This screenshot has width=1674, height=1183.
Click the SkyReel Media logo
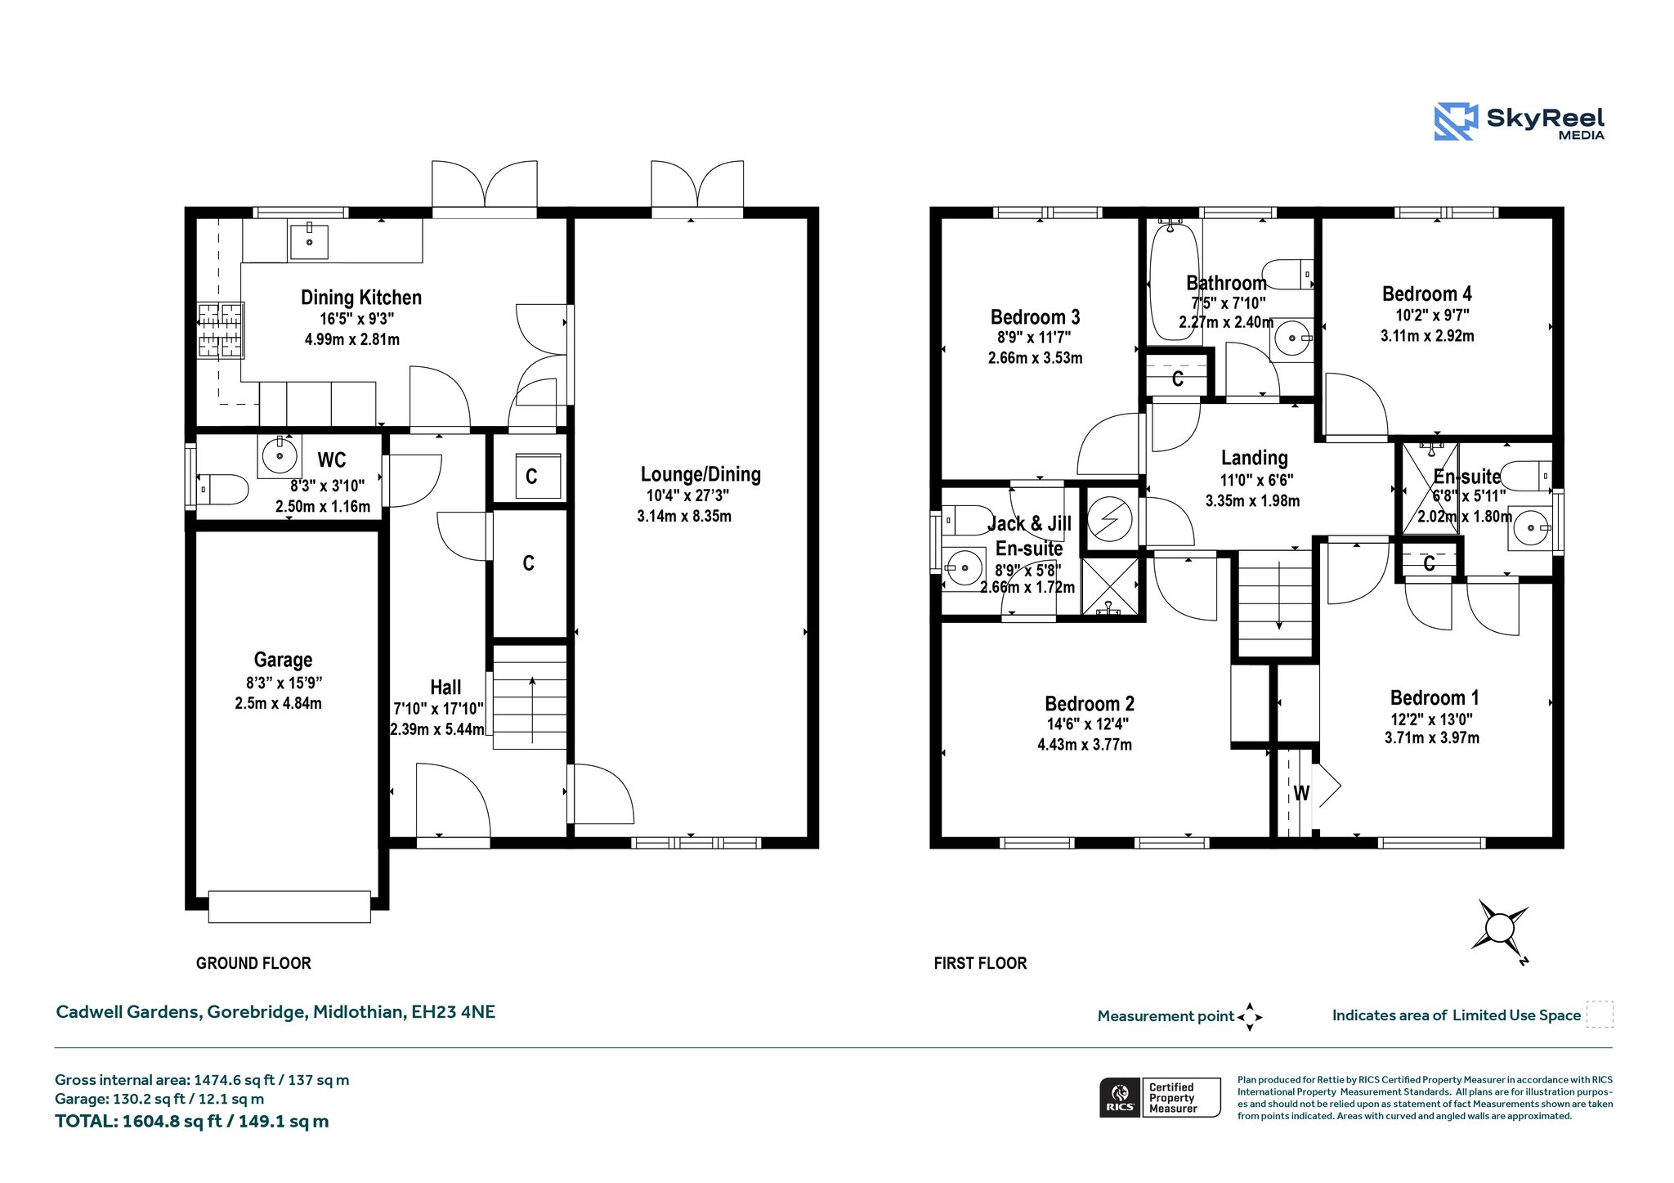click(x=1520, y=122)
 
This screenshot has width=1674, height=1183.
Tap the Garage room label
click(x=283, y=660)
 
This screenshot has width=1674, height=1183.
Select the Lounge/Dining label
click(x=700, y=474)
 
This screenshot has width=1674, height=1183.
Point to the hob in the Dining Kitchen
click(x=221, y=330)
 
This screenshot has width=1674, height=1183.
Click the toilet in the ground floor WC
click(x=222, y=490)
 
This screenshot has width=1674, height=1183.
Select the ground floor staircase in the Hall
click(x=530, y=697)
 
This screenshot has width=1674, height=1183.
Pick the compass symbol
click(x=1500, y=928)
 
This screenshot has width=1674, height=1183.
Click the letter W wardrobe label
click(x=1301, y=793)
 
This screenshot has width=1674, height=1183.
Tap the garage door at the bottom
click(x=289, y=907)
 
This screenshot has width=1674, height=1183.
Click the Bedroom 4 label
click(x=1427, y=294)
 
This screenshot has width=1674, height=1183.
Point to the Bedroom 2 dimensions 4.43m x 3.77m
click(x=1085, y=745)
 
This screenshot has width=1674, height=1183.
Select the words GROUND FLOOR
click(x=253, y=963)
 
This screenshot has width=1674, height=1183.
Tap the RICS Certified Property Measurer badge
click(x=1160, y=1097)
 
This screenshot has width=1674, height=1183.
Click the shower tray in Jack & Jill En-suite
click(x=1109, y=586)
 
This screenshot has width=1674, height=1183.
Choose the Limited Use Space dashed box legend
click(x=1600, y=1014)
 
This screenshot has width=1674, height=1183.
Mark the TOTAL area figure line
click(x=192, y=1122)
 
